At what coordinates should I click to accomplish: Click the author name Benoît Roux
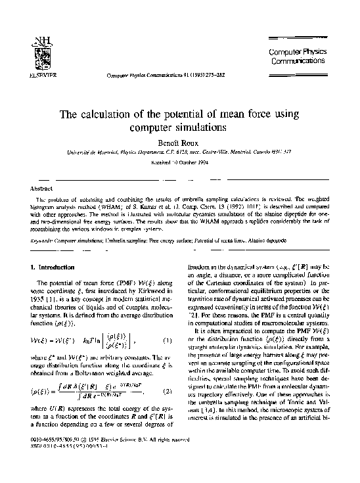(179, 141)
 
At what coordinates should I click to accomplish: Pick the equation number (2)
(168, 392)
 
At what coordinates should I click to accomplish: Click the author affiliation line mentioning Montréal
(179, 152)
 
